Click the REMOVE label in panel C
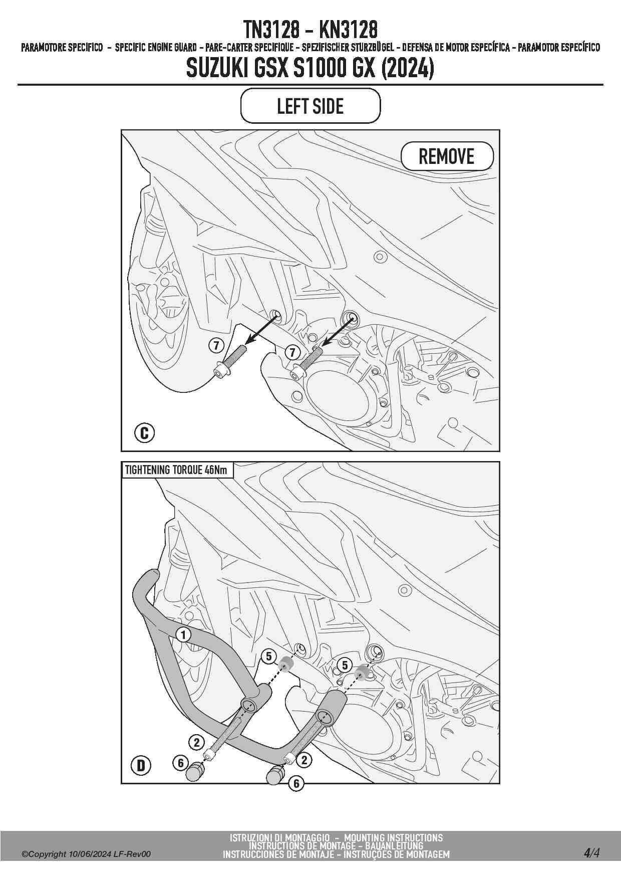coord(446,157)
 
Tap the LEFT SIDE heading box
coord(310,106)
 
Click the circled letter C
coord(145,432)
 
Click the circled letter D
coord(141,765)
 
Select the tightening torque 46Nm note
coord(176,470)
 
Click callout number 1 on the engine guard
coord(184,635)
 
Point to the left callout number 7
coord(216,345)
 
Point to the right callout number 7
coord(292,352)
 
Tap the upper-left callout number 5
coord(269,656)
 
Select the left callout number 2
coord(196,742)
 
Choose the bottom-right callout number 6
coord(296,783)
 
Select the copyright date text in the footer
coord(86,854)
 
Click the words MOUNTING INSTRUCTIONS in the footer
coord(393,837)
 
